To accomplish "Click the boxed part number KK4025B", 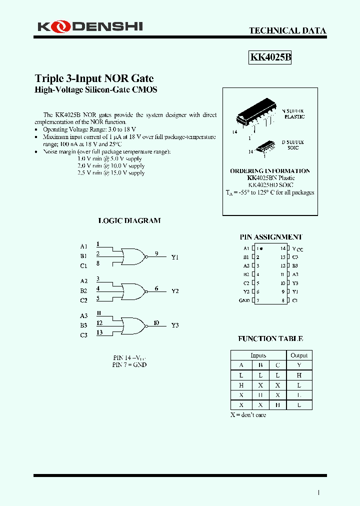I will [270, 57].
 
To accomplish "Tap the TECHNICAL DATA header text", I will [287, 30].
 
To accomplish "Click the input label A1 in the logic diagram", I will [83, 246].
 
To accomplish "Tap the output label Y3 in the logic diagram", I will [175, 325].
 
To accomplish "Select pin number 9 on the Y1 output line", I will [156, 253].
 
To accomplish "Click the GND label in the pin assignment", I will [244, 300].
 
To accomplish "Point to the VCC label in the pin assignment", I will [298, 249].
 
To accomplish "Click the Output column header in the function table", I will [299, 355].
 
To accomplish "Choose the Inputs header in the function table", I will [258, 355].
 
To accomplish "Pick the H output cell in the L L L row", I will [299, 375].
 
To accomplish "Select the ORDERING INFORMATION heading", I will [270, 171].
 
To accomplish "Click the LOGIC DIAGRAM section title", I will [129, 220].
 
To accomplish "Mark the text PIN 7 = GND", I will [129, 364].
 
